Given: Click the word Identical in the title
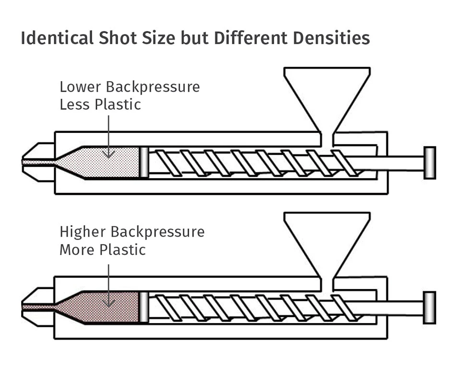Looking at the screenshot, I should [57, 38].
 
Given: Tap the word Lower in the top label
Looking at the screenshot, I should [80, 87].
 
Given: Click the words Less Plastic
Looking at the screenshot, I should [100, 104].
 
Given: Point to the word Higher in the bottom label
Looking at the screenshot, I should [83, 232].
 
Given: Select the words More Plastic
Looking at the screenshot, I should [102, 250].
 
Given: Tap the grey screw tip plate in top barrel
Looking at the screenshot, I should [144, 162].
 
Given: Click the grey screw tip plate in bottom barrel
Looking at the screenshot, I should [144, 307].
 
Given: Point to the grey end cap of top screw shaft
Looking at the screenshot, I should [430, 163].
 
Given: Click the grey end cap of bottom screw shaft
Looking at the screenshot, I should [430, 308].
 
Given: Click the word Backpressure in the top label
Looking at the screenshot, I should [153, 87].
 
